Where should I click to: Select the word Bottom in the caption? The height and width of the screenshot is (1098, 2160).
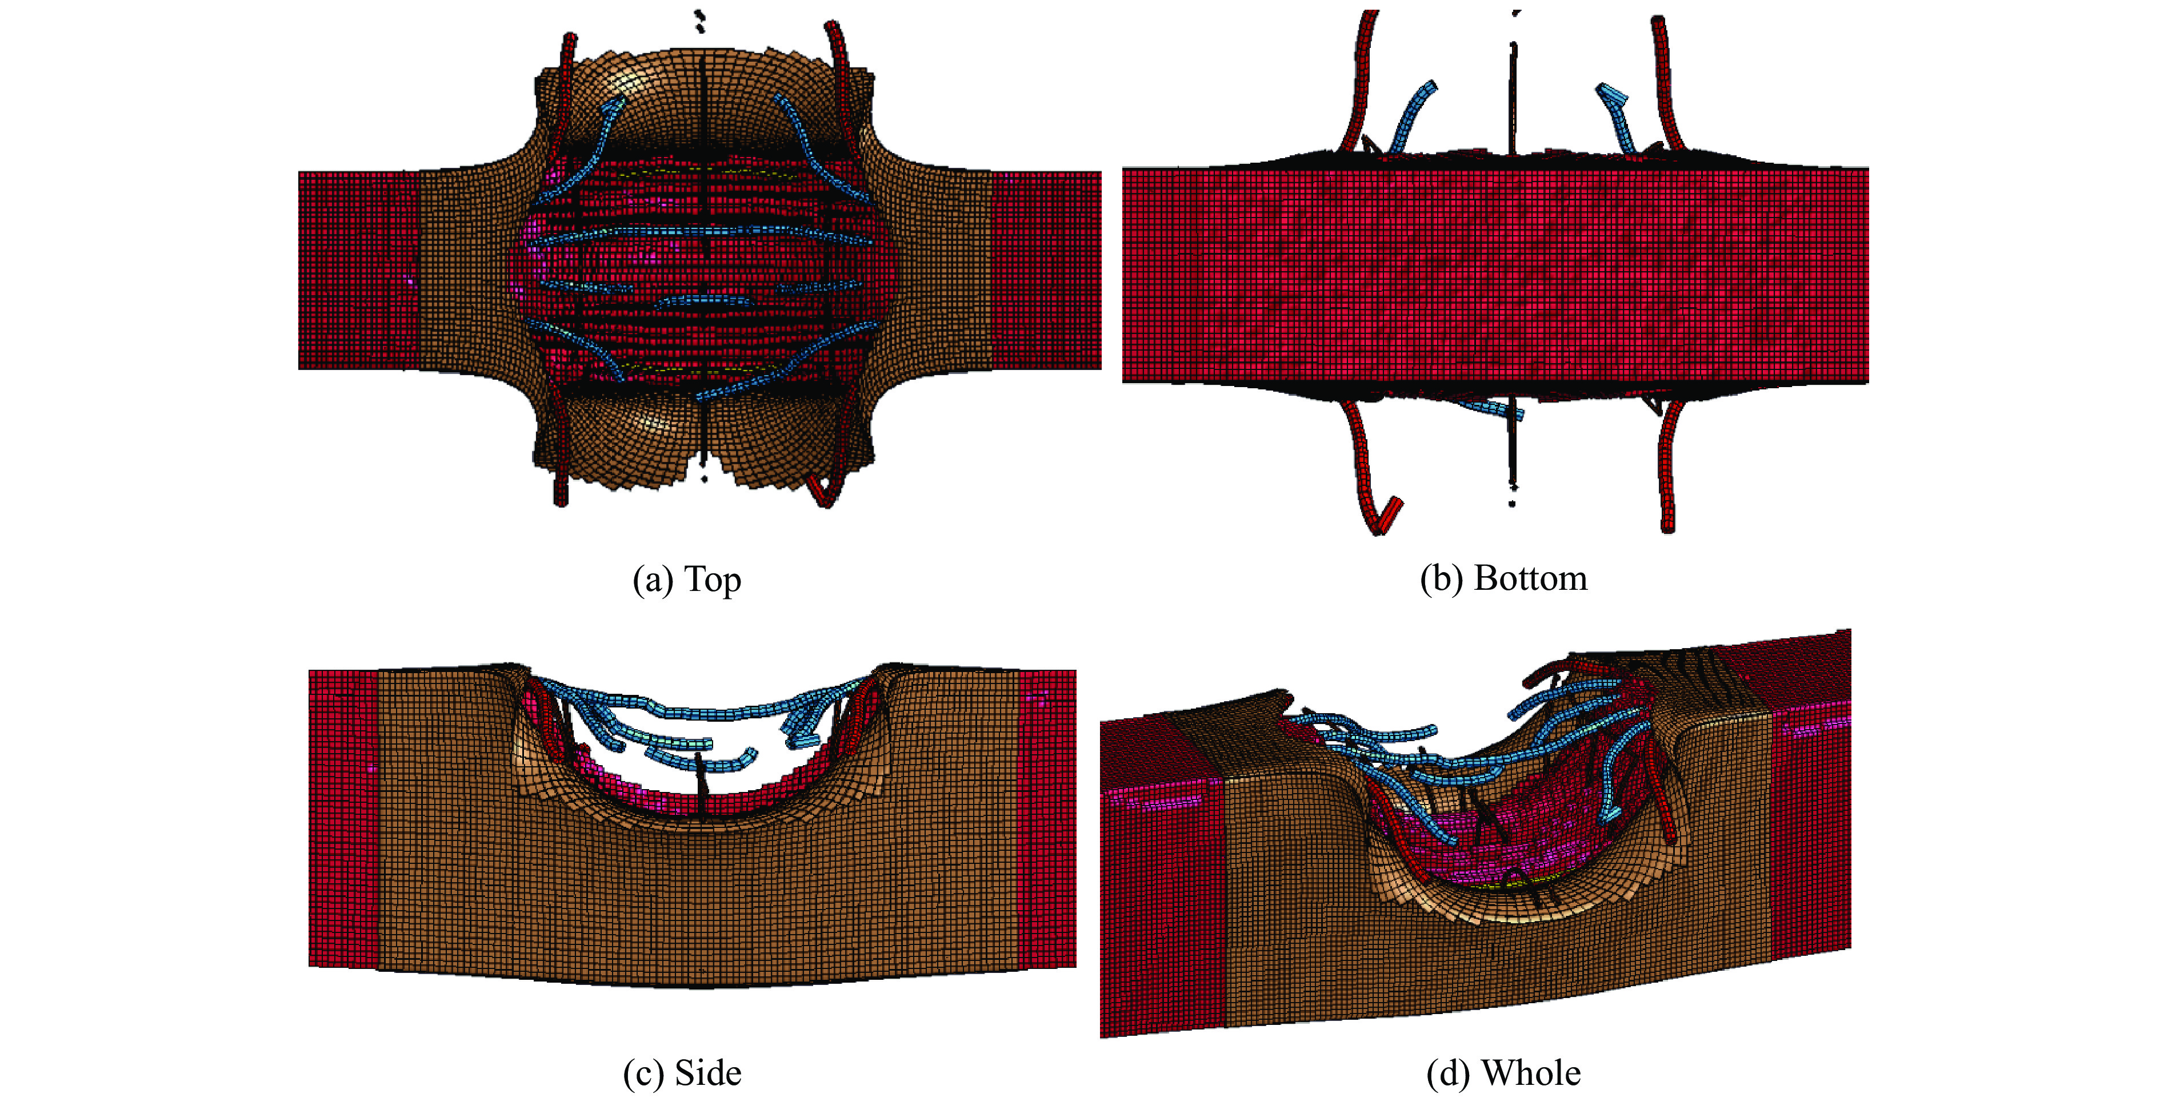pyautogui.click(x=1530, y=579)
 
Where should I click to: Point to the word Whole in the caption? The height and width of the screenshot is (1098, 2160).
pyautogui.click(x=1530, y=1073)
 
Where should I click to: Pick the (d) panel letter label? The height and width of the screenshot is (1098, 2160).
pyautogui.click(x=1447, y=1073)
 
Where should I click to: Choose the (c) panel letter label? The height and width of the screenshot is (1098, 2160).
pyautogui.click(x=642, y=1073)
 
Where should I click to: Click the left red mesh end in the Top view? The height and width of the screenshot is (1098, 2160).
pyautogui.click(x=358, y=270)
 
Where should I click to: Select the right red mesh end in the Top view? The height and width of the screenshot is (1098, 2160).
pyautogui.click(x=1046, y=270)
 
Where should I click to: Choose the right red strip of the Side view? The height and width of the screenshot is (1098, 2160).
pyautogui.click(x=1048, y=817)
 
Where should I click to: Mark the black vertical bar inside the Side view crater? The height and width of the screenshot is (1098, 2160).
pyautogui.click(x=701, y=784)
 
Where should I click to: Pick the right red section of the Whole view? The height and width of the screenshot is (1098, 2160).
pyautogui.click(x=1811, y=822)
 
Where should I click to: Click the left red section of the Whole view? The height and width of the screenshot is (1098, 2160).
pyautogui.click(x=1161, y=888)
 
